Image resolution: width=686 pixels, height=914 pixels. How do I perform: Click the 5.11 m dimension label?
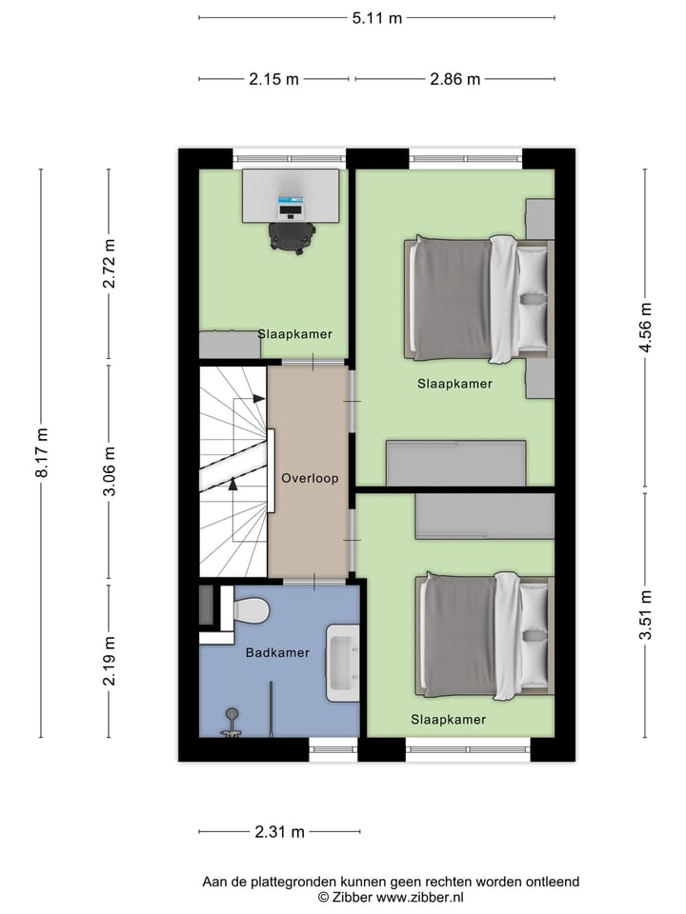click(x=377, y=18)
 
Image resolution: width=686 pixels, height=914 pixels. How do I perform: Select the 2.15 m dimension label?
click(x=274, y=79)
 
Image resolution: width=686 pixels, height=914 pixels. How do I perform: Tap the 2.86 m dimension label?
click(x=454, y=79)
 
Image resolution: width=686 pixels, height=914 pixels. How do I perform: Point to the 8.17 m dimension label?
click(x=41, y=453)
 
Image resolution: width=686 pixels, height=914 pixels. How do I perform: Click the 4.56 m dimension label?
click(x=646, y=327)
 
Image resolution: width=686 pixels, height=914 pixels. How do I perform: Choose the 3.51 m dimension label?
click(x=646, y=616)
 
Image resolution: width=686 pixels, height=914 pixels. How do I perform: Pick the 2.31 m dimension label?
click(x=279, y=832)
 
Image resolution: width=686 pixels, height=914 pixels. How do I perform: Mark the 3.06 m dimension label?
click(x=110, y=471)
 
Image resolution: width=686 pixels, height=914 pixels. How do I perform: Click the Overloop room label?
click(x=309, y=478)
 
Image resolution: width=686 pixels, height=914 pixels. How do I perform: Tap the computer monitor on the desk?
click(x=291, y=203)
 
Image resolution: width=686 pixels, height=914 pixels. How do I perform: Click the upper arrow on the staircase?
click(x=258, y=399)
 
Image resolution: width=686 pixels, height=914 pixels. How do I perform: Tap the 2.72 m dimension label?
click(x=110, y=266)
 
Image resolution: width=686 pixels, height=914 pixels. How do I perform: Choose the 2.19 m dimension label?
click(x=110, y=661)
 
